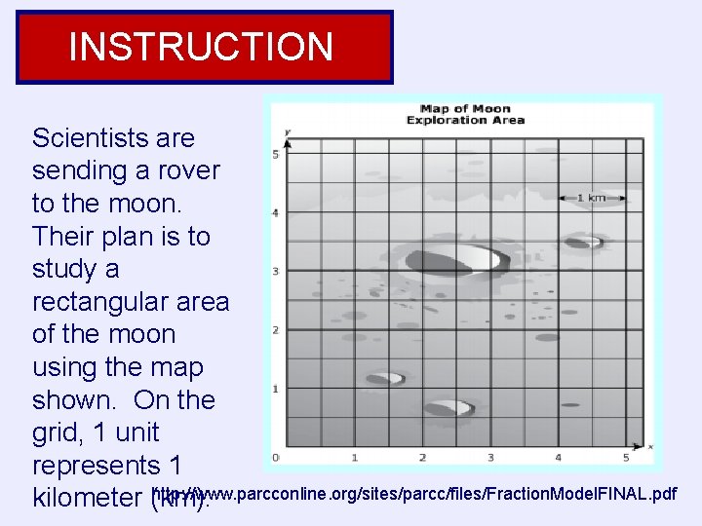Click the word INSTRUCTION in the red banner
202,47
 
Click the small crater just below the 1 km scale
584,241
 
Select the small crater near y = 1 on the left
385,378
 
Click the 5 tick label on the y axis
276,155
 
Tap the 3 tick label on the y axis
276,272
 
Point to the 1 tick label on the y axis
276,389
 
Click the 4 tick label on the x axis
558,457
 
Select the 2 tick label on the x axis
422,457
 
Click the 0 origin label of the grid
276,457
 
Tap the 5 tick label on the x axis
626,457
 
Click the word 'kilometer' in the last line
88,499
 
